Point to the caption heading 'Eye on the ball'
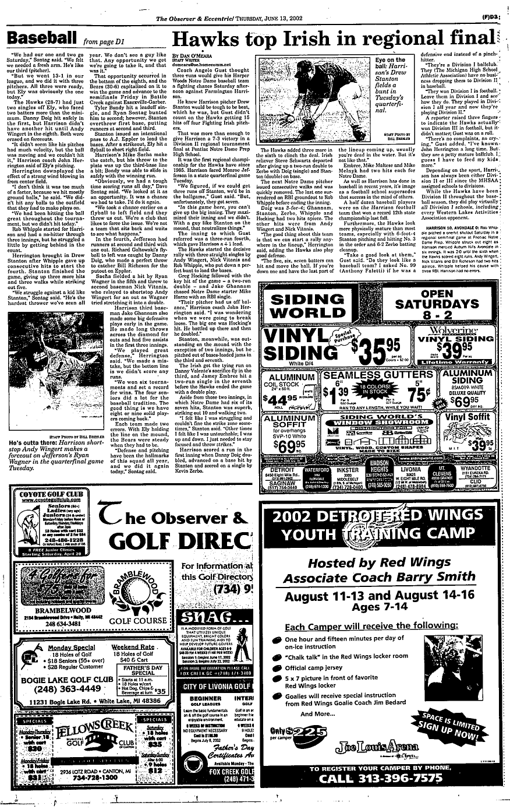coord(391,63)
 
